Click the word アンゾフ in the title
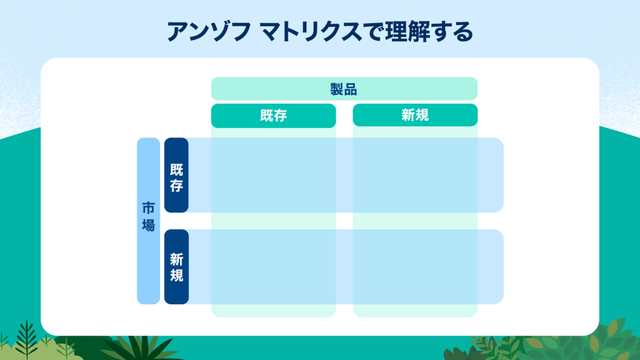(209, 32)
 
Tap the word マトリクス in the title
(310, 32)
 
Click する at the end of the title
(452, 32)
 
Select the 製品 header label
(344, 89)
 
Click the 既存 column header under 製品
(274, 116)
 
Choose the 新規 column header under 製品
(415, 115)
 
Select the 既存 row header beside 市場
(176, 175)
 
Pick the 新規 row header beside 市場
(176, 267)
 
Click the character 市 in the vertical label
(148, 208)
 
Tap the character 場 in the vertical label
(148, 224)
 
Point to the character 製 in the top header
(337, 89)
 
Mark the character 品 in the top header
(351, 89)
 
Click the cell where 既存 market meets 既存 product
(274, 175)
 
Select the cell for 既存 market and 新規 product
(415, 175)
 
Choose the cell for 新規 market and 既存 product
(274, 267)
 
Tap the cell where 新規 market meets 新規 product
(415, 267)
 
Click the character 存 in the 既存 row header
(176, 186)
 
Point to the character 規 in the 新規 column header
(422, 115)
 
